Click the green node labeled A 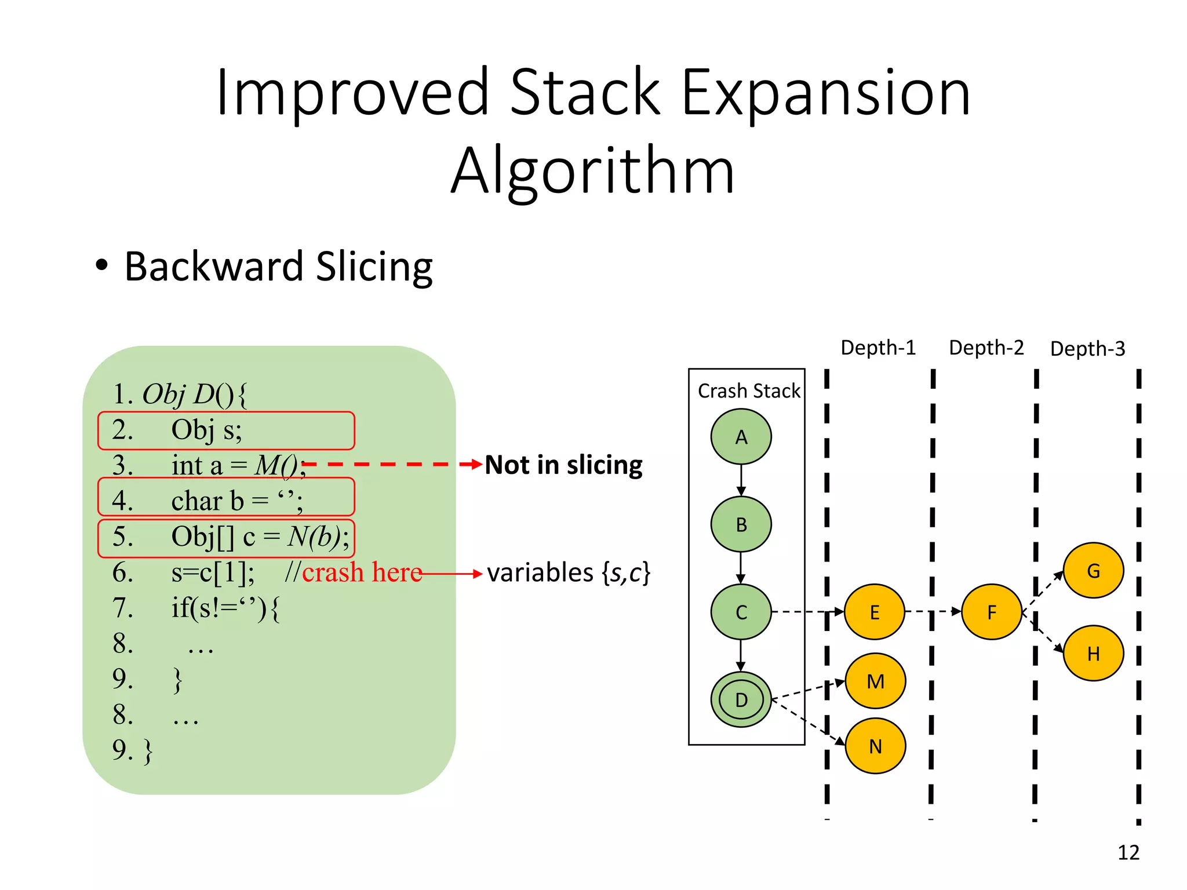pos(741,437)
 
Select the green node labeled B pos(741,524)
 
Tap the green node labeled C pos(741,612)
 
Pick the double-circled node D pos(741,699)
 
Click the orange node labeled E pos(874,612)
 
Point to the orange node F pos(991,612)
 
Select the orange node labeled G pos(1093,571)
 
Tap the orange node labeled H pos(1093,654)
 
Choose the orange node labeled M pos(875,681)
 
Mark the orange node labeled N pos(875,746)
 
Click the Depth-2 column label pos(986,348)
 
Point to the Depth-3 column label pos(1087,349)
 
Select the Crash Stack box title pos(748,391)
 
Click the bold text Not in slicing pos(563,465)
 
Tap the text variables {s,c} pos(569,572)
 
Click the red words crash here pos(362,572)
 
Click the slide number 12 pos(1128,852)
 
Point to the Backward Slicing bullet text pos(278,267)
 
